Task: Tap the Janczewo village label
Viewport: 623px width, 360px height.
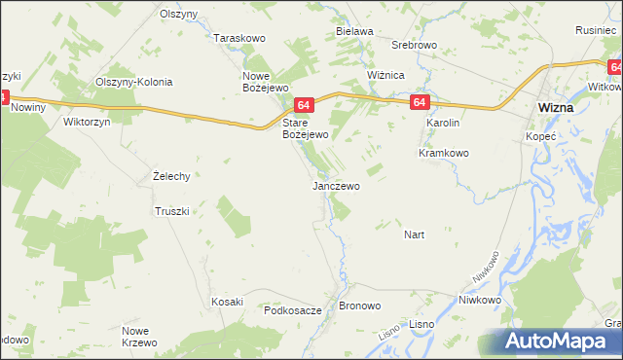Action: (x=336, y=185)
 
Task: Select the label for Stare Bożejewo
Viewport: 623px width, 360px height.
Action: (x=306, y=129)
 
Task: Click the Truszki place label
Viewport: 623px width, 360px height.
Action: (x=176, y=210)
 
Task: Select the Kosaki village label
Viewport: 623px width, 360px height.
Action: (x=227, y=302)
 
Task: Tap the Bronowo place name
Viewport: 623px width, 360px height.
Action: (x=360, y=306)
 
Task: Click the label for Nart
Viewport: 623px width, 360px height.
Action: (x=415, y=234)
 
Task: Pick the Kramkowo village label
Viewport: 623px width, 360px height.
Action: (x=444, y=153)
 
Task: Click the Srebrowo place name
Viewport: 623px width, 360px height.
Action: (x=413, y=46)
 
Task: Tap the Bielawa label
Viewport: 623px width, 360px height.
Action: (x=355, y=31)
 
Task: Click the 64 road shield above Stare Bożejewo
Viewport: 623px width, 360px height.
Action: (x=304, y=105)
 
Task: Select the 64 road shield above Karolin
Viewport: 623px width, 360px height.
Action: (x=420, y=102)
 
